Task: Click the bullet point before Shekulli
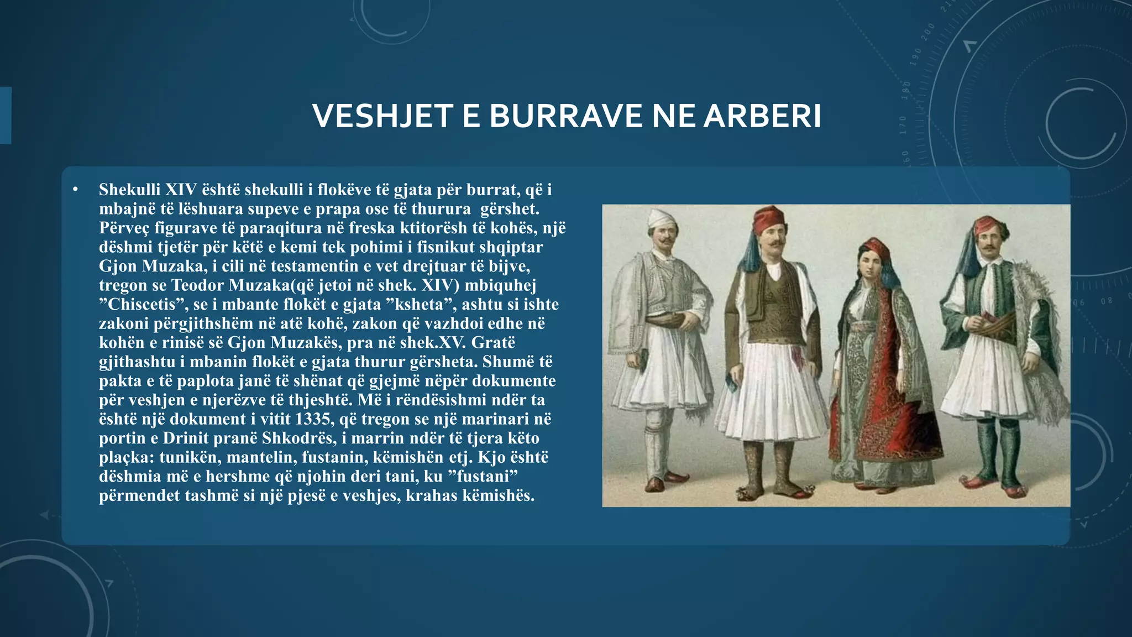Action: (x=76, y=190)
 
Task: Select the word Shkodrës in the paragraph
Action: (x=298, y=438)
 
